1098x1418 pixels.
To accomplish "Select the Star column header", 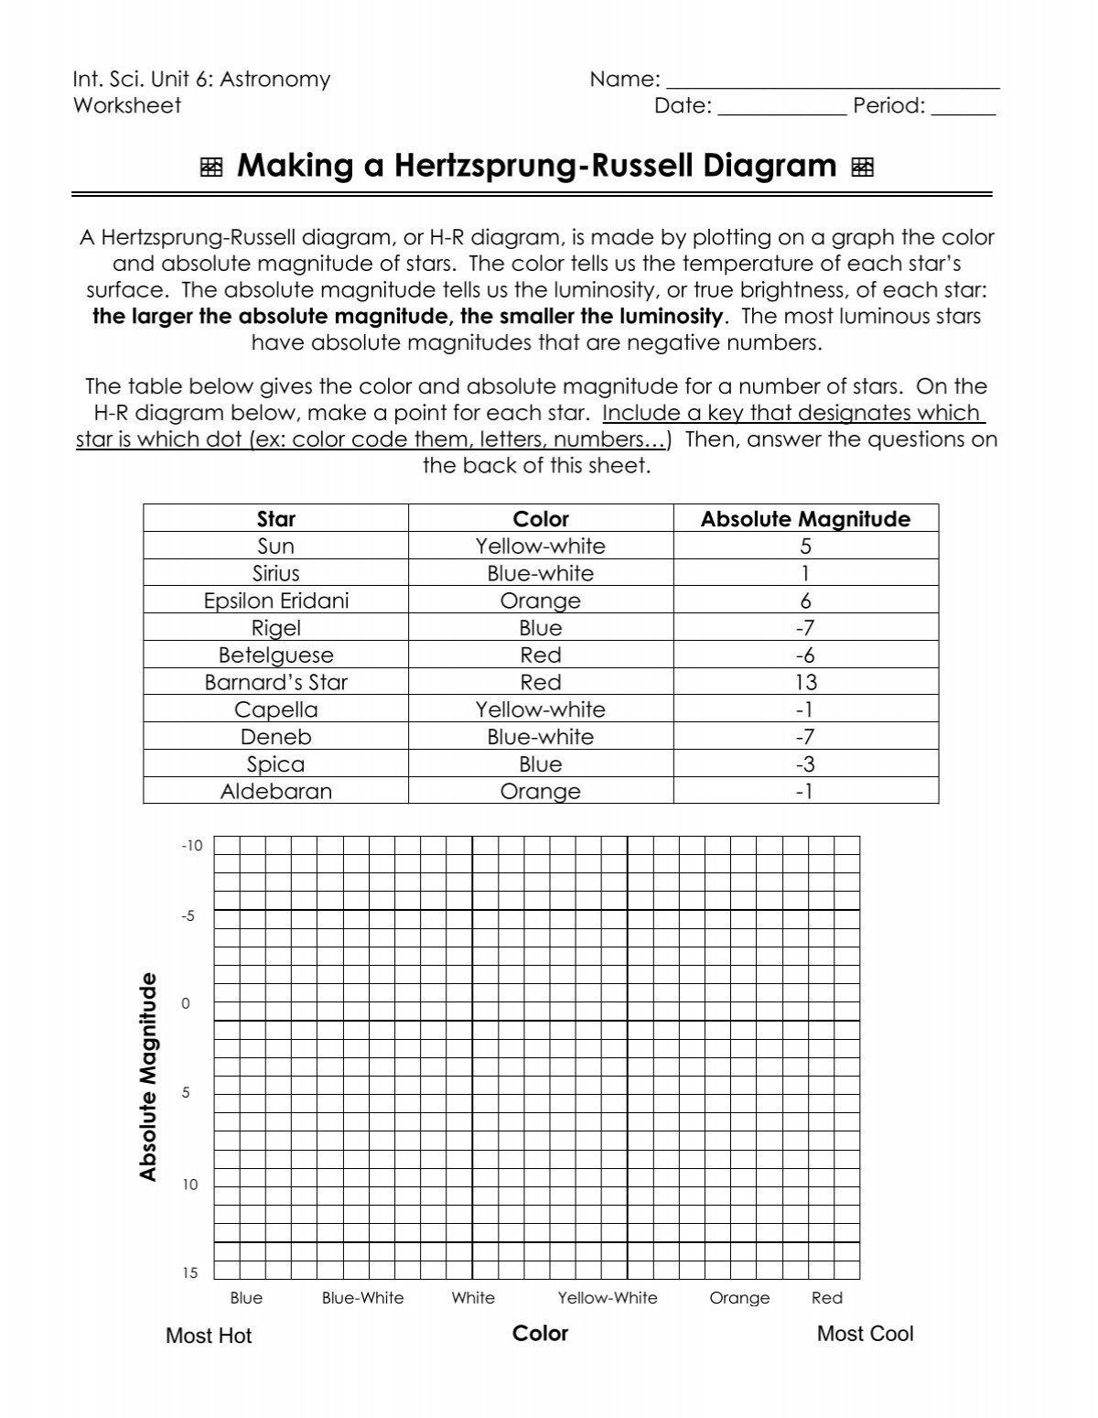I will [x=275, y=519].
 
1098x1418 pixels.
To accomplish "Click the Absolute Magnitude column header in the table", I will [x=805, y=519].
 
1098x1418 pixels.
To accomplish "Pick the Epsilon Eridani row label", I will [x=275, y=601].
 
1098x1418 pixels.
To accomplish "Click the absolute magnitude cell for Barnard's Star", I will [x=805, y=682].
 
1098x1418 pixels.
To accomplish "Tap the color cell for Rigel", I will [x=540, y=628].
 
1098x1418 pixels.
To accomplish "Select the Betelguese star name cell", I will [x=275, y=655].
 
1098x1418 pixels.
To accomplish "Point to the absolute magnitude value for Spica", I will [x=805, y=764].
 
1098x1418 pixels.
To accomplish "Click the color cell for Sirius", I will [x=540, y=573].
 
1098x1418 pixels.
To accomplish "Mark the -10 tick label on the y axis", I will [x=191, y=846].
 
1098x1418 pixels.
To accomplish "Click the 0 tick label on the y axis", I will [x=186, y=1003].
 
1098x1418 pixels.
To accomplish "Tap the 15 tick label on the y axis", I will [x=189, y=1273].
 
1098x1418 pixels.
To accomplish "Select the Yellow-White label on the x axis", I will [x=608, y=1298].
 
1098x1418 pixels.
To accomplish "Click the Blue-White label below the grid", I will [x=362, y=1298].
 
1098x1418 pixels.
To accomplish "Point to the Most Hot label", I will [x=209, y=1336].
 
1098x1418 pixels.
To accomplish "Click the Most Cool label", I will [x=865, y=1334].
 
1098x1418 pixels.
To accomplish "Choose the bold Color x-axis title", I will [x=540, y=1333].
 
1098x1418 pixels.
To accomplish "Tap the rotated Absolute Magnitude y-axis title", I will [x=148, y=1077].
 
